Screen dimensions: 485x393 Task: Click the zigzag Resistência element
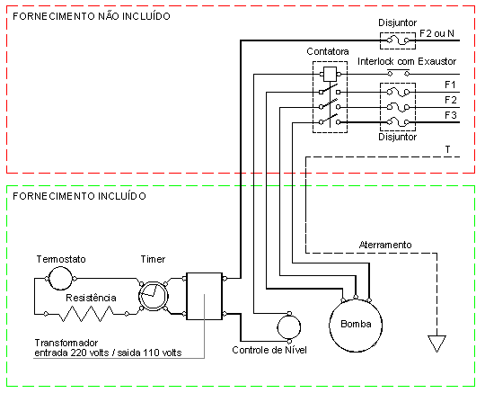(86, 314)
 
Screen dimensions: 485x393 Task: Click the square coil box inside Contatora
(330, 75)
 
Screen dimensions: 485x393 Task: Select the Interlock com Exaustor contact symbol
(399, 73)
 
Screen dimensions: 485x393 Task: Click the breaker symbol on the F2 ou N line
(398, 40)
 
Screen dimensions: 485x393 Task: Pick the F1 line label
(450, 85)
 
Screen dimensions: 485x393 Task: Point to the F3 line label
(451, 115)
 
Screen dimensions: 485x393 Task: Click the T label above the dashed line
(447, 149)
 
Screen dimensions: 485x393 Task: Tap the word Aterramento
(385, 245)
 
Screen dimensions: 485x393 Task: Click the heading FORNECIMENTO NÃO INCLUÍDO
(92, 16)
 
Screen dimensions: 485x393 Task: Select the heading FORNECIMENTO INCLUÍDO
(80, 196)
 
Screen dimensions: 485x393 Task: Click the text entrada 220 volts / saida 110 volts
(108, 353)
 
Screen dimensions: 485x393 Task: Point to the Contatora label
(328, 51)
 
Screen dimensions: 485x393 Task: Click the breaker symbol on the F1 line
(398, 93)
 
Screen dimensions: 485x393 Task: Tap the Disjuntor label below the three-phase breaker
(398, 137)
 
